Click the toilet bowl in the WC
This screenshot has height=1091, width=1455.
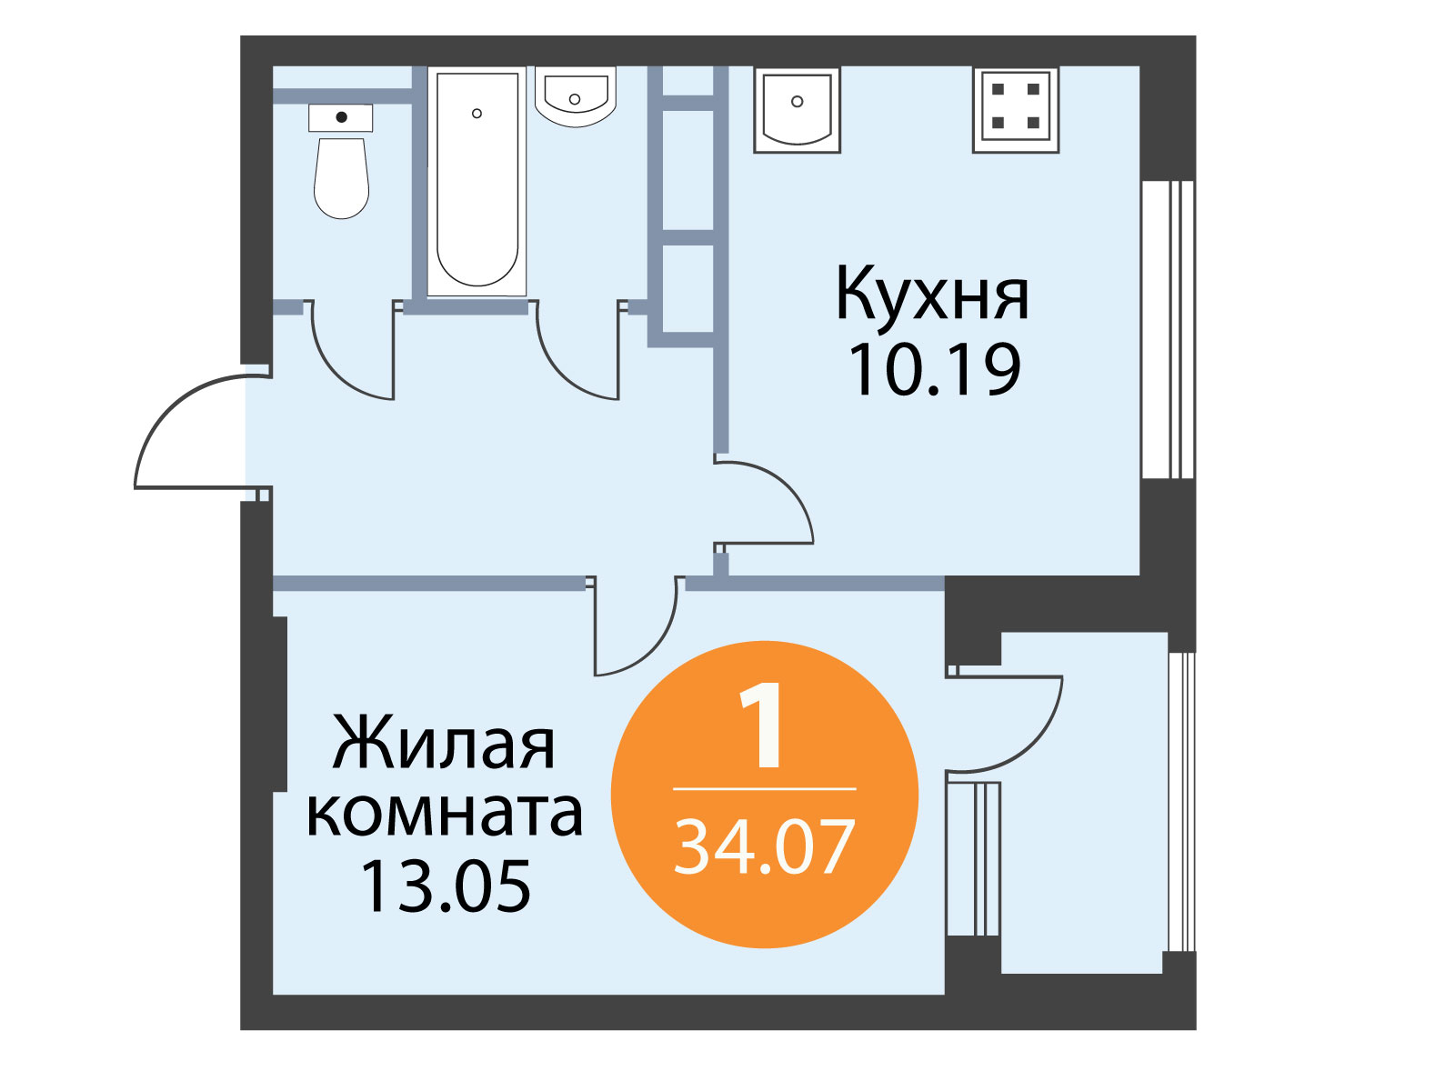(341, 177)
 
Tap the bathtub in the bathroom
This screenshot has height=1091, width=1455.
(477, 181)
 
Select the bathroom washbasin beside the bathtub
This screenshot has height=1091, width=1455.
(576, 96)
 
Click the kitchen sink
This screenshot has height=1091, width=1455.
(797, 109)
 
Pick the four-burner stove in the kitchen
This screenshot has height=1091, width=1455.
(1016, 109)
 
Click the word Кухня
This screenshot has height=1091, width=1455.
(933, 294)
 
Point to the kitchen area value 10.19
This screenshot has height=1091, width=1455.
(935, 370)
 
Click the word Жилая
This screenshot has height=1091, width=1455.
(444, 742)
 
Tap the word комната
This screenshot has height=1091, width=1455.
(445, 814)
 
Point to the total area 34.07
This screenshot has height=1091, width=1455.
(764, 846)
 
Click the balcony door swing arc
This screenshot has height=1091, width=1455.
(1036, 743)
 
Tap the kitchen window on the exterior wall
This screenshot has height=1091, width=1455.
(1168, 329)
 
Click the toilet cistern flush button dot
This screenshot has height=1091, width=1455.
(341, 117)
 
